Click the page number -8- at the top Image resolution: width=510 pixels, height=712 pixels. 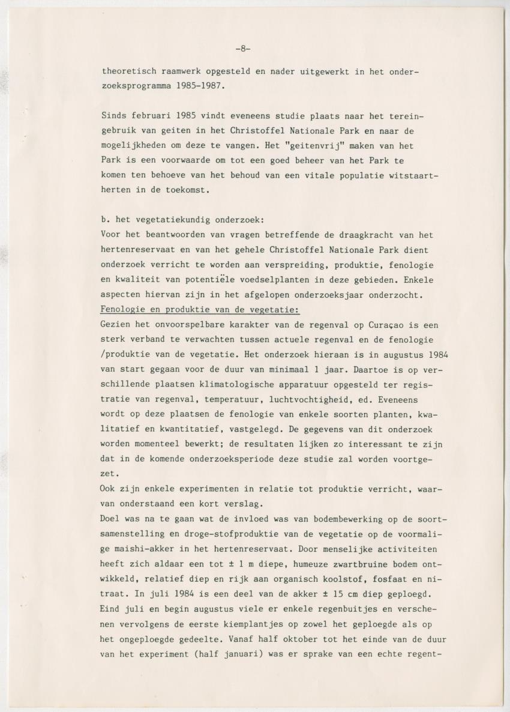click(243, 49)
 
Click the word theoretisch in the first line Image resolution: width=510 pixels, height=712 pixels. click(126, 71)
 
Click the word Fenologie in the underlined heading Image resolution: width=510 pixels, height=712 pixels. click(122, 309)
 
